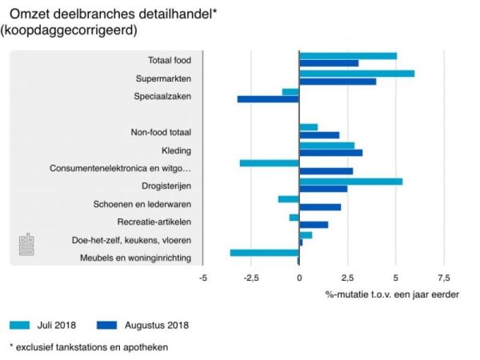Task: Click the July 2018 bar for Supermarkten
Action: (x=357, y=74)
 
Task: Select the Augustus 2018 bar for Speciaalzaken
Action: (x=268, y=99)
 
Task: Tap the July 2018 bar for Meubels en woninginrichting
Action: (x=265, y=253)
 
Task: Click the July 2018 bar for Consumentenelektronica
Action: (x=270, y=163)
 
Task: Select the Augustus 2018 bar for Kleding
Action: (x=330, y=153)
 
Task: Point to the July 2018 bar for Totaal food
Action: (x=348, y=56)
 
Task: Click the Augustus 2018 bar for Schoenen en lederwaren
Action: (x=320, y=207)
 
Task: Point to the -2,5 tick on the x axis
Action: (x=250, y=278)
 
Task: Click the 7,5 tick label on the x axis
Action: (x=442, y=278)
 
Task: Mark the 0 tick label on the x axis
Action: (x=299, y=278)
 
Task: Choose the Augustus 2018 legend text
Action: (x=157, y=325)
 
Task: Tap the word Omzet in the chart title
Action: (x=30, y=13)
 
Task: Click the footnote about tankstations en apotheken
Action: (x=89, y=347)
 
